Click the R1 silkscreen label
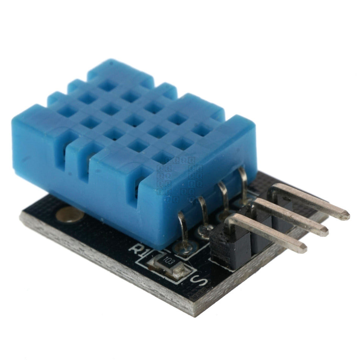click(x=137, y=249)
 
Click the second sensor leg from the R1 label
click(x=204, y=214)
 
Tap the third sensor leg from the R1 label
click(x=224, y=197)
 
